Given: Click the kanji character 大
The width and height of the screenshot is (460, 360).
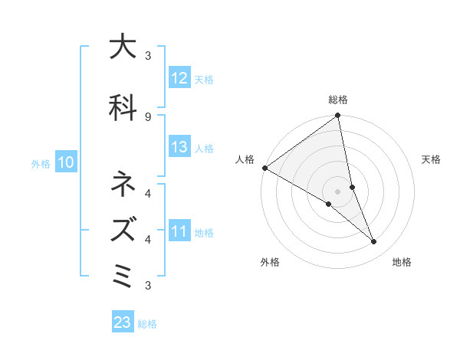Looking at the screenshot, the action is tap(122, 47).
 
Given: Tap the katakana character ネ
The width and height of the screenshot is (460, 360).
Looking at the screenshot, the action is tap(122, 185).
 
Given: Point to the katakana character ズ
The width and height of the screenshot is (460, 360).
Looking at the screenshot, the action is tap(122, 228).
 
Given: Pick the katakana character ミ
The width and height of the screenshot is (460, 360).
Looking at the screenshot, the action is tap(122, 274).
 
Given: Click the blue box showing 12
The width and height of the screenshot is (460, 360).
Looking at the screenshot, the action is tap(179, 78).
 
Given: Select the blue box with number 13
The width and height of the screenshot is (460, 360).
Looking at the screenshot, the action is tap(179, 147).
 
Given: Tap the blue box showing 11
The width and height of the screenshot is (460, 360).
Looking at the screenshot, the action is tap(179, 231).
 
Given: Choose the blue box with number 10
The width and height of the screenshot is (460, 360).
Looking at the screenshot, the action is tap(66, 162).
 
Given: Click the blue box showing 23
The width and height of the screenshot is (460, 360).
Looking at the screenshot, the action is tap(123, 322).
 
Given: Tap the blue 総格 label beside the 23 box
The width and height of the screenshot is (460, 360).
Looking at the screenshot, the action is tap(147, 324).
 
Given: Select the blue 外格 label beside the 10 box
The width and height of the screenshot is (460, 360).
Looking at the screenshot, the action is tap(41, 163).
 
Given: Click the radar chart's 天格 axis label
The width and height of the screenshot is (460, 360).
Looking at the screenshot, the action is tap(432, 159).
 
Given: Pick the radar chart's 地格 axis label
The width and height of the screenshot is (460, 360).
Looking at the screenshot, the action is tap(402, 262).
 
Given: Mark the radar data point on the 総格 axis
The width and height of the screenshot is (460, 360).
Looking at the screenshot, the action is tap(337, 116).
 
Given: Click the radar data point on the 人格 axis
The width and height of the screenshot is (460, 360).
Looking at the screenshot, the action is tap(264, 168).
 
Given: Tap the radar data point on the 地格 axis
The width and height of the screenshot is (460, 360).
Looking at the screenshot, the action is tap(374, 242).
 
